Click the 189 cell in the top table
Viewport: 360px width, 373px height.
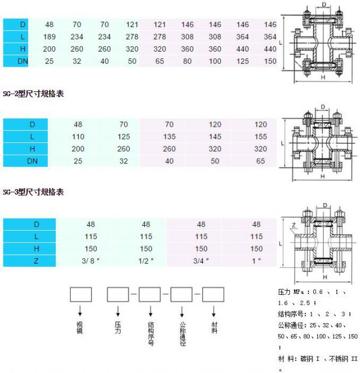[49, 37]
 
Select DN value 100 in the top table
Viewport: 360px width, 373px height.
[215, 61]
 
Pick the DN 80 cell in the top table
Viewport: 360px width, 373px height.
[187, 61]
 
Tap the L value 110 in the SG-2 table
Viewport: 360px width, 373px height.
[78, 136]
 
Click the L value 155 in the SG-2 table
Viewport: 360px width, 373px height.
[260, 136]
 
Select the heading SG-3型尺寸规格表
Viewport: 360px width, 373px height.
[33, 192]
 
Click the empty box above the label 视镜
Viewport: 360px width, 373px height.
[80, 294]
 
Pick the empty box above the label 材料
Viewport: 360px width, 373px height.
[212, 294]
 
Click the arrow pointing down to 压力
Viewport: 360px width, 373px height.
[118, 312]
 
